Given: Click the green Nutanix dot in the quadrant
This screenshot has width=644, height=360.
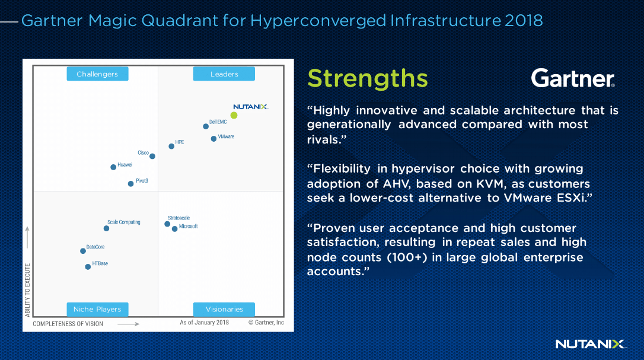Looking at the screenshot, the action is [234, 116].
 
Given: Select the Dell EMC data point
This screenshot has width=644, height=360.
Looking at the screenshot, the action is [206, 126].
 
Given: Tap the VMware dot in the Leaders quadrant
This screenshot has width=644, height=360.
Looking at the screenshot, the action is [213, 139].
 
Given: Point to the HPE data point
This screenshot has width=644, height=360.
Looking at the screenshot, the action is [171, 146].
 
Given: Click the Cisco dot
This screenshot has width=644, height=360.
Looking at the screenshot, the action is [152, 156].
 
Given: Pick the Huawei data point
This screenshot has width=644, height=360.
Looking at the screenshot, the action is [113, 167].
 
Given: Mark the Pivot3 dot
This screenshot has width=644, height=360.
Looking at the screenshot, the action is [130, 184].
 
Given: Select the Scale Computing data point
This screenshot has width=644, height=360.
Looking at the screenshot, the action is [106, 228].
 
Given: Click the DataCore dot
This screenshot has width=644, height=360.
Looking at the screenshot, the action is [83, 251].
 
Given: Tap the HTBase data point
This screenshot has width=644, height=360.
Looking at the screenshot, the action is [88, 267].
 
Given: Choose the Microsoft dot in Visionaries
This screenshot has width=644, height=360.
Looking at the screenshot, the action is [174, 229].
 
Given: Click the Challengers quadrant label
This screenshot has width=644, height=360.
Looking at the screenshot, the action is [97, 74].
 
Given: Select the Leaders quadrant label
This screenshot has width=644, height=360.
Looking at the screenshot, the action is [224, 74].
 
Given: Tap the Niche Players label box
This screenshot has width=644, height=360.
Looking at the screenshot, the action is [97, 309].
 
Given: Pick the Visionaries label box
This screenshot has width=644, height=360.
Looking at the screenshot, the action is [224, 309].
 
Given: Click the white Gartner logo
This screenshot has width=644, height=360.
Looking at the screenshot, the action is [573, 78].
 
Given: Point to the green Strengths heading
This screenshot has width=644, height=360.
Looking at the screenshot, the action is [368, 78].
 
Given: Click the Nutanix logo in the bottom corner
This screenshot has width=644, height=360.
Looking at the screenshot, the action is [591, 344].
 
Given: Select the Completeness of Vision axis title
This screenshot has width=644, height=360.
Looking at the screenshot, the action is [68, 324].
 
